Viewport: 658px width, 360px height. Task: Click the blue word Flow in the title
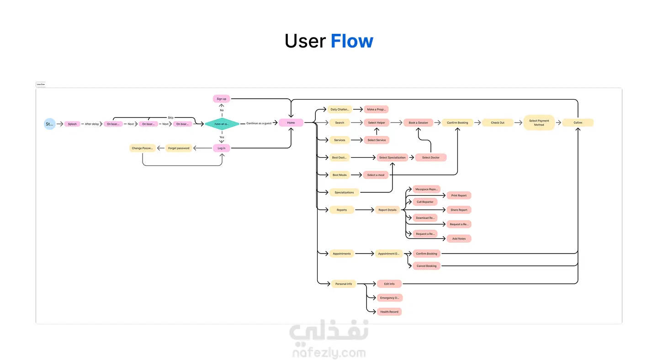pyautogui.click(x=352, y=41)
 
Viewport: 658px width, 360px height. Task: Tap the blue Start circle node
pyautogui.click(x=49, y=124)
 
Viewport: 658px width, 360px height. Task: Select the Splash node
pyautogui.click(x=72, y=124)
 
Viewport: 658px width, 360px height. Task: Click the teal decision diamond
pyautogui.click(x=222, y=124)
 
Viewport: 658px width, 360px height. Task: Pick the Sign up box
pyautogui.click(x=221, y=99)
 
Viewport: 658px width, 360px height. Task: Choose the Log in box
pyautogui.click(x=221, y=148)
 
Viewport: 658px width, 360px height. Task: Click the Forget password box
pyautogui.click(x=179, y=148)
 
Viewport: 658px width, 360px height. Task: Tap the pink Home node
pyautogui.click(x=291, y=122)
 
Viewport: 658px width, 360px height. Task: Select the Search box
pyautogui.click(x=340, y=122)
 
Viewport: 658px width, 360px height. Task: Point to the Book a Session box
pyautogui.click(x=418, y=122)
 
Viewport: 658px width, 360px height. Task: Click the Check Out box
pyautogui.click(x=498, y=122)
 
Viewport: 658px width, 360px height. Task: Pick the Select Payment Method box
pyautogui.click(x=539, y=122)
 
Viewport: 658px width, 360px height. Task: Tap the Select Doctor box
pyautogui.click(x=430, y=158)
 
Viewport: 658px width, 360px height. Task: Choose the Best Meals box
pyautogui.click(x=340, y=175)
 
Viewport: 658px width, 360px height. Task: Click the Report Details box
pyautogui.click(x=387, y=210)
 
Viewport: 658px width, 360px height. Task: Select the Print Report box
pyautogui.click(x=459, y=196)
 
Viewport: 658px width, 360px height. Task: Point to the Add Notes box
pyautogui.click(x=459, y=238)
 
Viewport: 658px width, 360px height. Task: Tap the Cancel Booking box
pyautogui.click(x=426, y=266)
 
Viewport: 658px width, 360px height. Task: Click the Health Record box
pyautogui.click(x=389, y=312)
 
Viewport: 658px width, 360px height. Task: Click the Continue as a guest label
pyautogui.click(x=259, y=123)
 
